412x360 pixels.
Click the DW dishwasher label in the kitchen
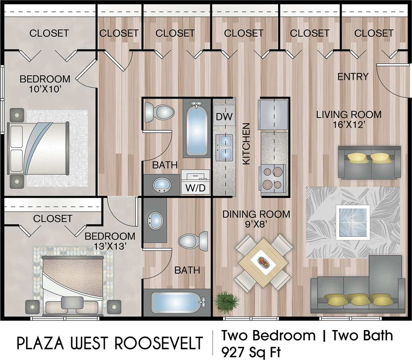coord(224,117)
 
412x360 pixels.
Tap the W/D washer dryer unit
coord(195,182)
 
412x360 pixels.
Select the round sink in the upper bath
coord(161,184)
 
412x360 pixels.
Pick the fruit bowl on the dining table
coord(263,262)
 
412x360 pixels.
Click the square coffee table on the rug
coord(353,222)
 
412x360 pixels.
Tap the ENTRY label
coord(353,76)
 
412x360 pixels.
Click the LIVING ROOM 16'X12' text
coord(349,119)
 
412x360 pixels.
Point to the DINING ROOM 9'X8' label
coord(256,218)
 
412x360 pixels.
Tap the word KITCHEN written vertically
coord(246,143)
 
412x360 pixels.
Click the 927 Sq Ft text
coord(251,351)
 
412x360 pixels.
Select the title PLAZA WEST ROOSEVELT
coord(110,343)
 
